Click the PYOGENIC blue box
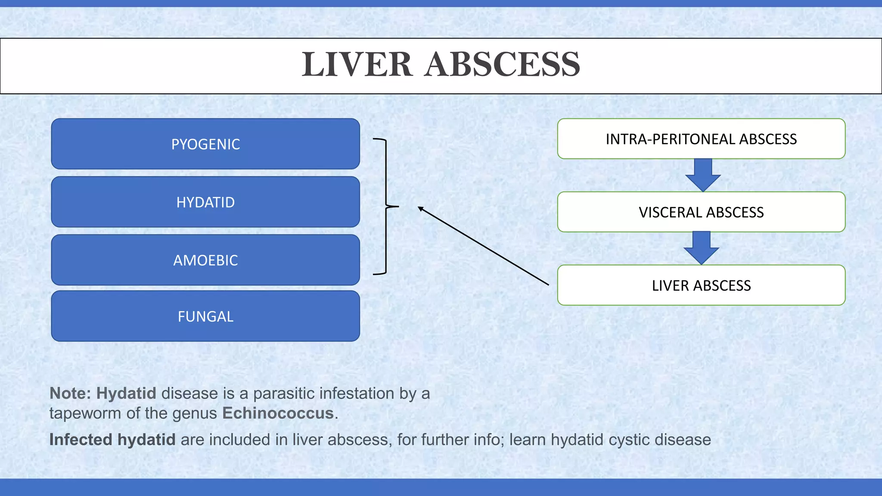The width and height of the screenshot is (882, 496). click(x=205, y=144)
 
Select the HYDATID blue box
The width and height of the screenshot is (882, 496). click(x=205, y=202)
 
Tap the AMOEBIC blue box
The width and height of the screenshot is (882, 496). click(x=205, y=260)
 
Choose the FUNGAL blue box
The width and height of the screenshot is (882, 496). click(x=205, y=316)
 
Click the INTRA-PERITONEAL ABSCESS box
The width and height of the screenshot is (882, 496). click(x=701, y=139)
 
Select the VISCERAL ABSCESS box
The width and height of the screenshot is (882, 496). click(x=701, y=212)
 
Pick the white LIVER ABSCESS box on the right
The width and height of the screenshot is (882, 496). click(x=701, y=285)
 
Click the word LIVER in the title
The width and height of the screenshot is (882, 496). click(x=357, y=65)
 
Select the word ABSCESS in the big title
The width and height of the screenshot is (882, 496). click(x=502, y=65)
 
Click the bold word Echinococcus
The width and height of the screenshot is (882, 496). click(x=278, y=413)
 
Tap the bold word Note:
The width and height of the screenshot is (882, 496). click(x=70, y=394)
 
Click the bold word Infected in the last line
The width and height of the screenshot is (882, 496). click(x=81, y=440)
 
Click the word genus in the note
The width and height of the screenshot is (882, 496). click(x=194, y=413)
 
